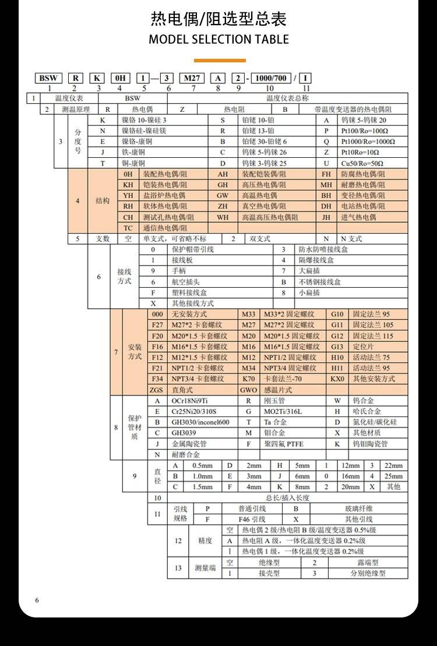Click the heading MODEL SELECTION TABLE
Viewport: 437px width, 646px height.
click(218, 40)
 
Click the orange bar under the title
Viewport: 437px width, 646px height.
click(219, 60)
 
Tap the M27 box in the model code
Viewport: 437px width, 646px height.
click(191, 78)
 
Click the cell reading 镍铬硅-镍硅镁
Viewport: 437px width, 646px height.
click(144, 131)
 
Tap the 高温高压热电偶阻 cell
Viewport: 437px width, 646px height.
click(270, 217)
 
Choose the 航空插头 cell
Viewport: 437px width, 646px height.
click(185, 282)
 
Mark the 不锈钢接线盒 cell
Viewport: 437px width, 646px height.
click(319, 282)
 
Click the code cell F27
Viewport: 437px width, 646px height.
click(157, 324)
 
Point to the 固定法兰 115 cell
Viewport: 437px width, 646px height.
click(373, 336)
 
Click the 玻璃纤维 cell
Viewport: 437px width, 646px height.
click(358, 509)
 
